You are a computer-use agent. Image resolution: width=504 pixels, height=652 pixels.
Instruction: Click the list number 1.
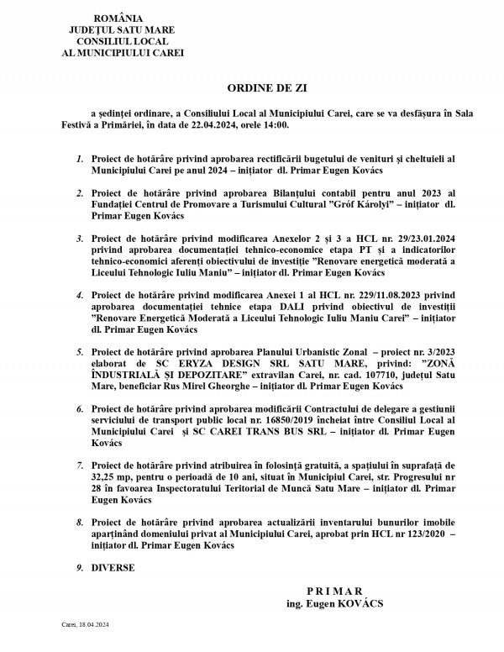coord(80,158)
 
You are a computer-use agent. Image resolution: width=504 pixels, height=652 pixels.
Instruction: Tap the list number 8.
coord(80,521)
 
